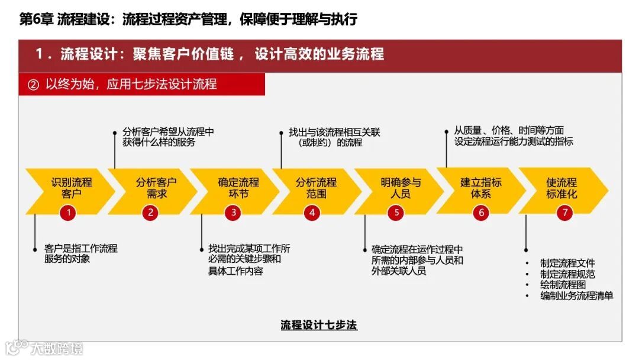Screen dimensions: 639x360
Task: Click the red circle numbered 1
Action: [x=69, y=213]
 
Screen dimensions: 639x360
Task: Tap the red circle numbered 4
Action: [x=312, y=213]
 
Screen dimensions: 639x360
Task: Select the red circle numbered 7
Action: [x=565, y=213]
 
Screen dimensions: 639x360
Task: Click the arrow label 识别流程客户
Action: [x=72, y=188]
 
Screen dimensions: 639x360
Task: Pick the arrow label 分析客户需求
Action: [x=156, y=188]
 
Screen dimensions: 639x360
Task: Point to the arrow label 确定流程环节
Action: [x=238, y=188]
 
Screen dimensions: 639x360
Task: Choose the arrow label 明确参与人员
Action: [x=401, y=188]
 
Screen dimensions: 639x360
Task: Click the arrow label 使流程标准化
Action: [x=561, y=188]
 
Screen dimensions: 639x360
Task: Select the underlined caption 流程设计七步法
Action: [x=319, y=325]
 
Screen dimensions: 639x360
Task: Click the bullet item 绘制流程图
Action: [x=563, y=285]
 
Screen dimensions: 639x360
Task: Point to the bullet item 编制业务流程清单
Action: [x=576, y=295]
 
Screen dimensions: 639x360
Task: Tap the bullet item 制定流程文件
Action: [x=567, y=263]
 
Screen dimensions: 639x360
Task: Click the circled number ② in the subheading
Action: [x=33, y=85]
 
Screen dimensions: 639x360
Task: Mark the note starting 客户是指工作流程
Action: [x=80, y=253]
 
